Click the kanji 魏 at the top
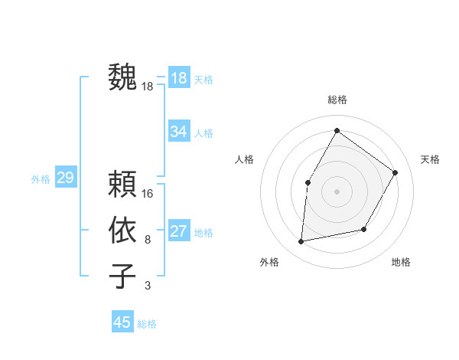(122, 77)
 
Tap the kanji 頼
(122, 184)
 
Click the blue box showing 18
(179, 78)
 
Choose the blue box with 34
(179, 132)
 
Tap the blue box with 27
(179, 231)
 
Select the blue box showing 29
(65, 178)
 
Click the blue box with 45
(122, 322)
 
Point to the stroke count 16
(148, 193)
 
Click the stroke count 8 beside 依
(147, 240)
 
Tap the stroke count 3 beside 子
(147, 286)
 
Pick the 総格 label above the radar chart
(337, 100)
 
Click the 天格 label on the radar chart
(430, 159)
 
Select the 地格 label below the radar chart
(401, 262)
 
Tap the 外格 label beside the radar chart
(269, 262)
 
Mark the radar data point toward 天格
(395, 172)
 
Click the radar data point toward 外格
(301, 241)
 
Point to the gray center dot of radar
(337, 191)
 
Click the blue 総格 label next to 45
(147, 324)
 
